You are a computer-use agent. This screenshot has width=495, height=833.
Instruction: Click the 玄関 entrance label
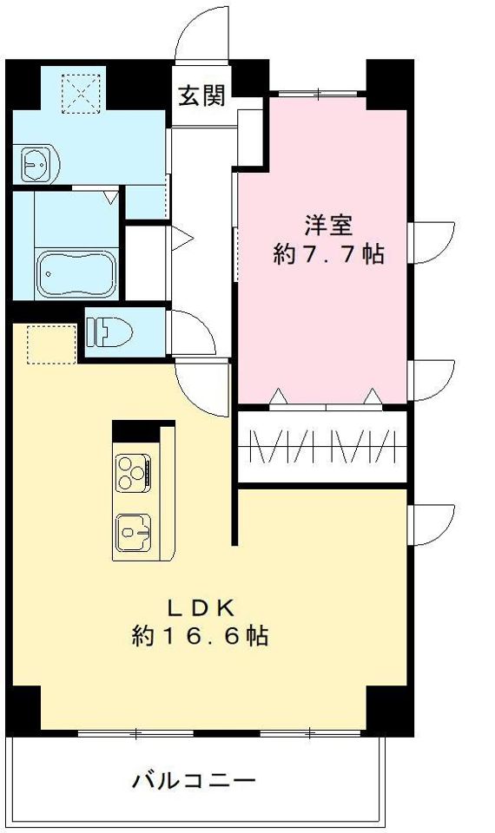point(202,95)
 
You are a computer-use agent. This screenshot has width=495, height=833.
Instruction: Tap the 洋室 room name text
point(327,225)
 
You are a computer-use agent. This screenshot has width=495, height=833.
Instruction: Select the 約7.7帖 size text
point(327,254)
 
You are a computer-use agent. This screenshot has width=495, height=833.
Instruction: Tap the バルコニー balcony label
point(194,780)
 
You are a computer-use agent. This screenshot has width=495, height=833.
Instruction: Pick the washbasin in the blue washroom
point(36,161)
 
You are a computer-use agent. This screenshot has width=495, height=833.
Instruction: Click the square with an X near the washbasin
point(83,94)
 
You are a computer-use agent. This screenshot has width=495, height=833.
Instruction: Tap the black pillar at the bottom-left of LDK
point(24,708)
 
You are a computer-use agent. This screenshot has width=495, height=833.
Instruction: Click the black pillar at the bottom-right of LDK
point(386,708)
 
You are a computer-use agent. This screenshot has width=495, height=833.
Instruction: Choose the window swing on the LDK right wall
point(432,524)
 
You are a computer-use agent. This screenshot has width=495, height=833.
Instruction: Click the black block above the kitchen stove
point(131,430)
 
